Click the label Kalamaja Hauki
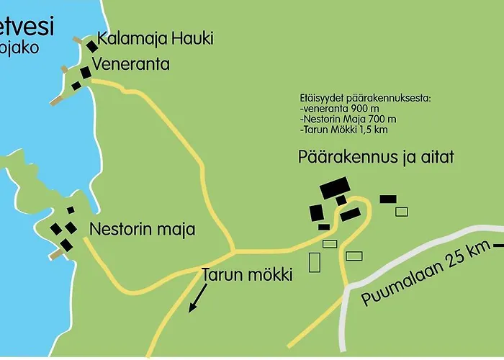(156, 39)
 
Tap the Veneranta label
(130, 64)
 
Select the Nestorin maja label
(143, 230)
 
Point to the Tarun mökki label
(246, 274)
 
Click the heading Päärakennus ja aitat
(376, 157)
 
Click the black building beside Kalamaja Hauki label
(92, 45)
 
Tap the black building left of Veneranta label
(85, 72)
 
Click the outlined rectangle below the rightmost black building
(401, 211)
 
